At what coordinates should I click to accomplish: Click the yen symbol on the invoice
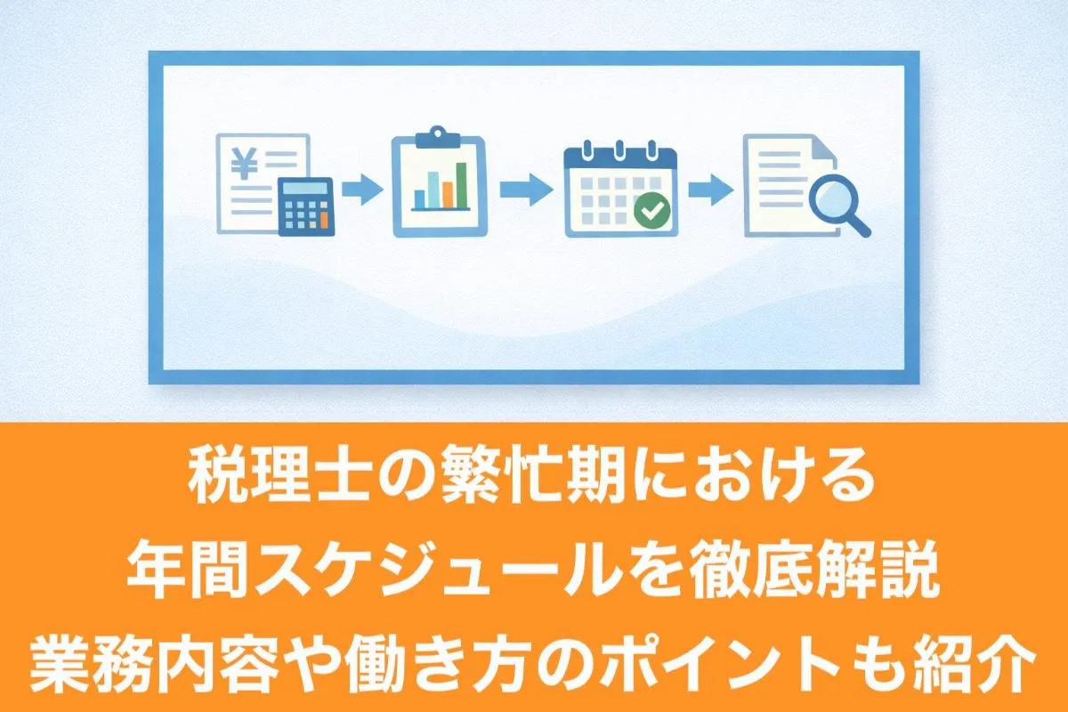click(244, 163)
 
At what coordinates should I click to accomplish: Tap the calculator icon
click(305, 206)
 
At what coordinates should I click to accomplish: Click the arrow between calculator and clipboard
click(362, 190)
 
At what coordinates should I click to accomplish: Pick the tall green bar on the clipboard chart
click(461, 185)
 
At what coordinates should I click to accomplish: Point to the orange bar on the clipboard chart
click(447, 195)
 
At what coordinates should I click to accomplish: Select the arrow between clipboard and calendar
click(526, 190)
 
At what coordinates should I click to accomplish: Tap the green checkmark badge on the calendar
click(651, 210)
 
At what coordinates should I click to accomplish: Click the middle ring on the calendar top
click(619, 149)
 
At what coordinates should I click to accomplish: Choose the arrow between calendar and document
click(711, 190)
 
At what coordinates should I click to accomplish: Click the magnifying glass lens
click(833, 198)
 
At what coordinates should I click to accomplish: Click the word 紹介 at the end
click(975, 664)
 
